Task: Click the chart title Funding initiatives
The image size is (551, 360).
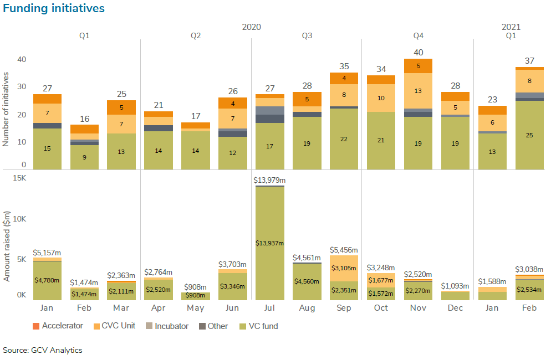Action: [x=54, y=8]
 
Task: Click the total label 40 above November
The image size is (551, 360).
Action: [x=418, y=53]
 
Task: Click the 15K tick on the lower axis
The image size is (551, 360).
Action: [x=20, y=178]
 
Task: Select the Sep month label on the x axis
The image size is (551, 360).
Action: [x=344, y=308]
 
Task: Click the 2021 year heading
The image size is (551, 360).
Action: [x=511, y=27]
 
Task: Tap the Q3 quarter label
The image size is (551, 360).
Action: [x=307, y=35]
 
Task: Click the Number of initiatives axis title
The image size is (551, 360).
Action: [x=7, y=109]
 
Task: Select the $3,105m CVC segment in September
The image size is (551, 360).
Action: [x=344, y=268]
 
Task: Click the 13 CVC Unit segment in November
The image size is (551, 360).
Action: [x=418, y=91]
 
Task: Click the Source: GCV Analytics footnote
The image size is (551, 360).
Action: [x=42, y=350]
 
